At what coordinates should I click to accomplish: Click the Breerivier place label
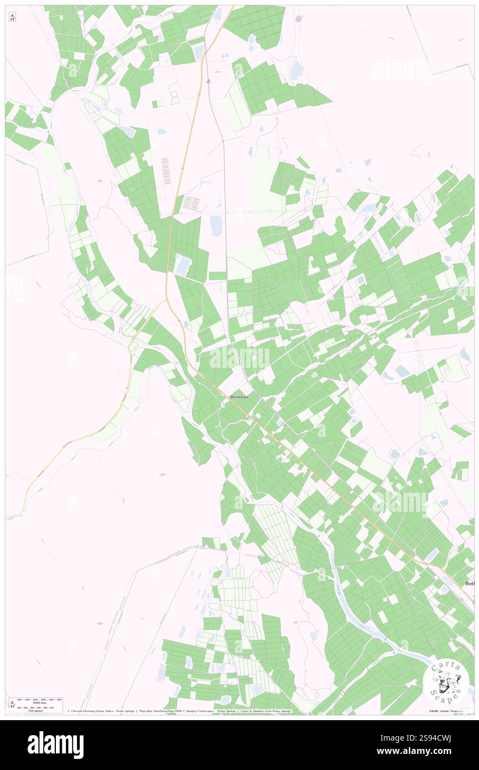pyautogui.click(x=239, y=397)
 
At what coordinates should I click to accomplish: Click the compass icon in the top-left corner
pyautogui.click(x=12, y=17)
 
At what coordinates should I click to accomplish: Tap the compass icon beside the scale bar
pyautogui.click(x=12, y=704)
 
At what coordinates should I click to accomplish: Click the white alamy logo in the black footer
pyautogui.click(x=55, y=745)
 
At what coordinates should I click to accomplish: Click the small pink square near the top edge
pyautogui.click(x=299, y=19)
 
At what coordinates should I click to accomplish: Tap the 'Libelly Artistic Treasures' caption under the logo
pyautogui.click(x=446, y=711)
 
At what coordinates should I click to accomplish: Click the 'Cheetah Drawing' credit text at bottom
pyautogui.click(x=91, y=711)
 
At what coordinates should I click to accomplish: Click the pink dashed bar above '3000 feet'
pyautogui.click(x=38, y=699)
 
